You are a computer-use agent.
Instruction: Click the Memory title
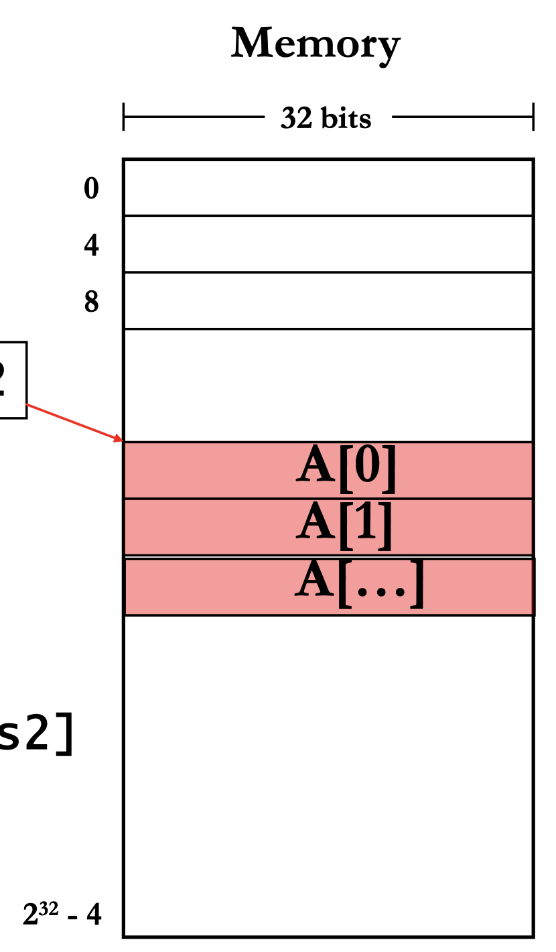point(316,44)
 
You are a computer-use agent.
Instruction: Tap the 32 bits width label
point(326,119)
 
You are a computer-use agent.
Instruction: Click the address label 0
point(91,188)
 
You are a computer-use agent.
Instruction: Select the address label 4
point(91,245)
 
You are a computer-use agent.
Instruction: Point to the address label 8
point(91,302)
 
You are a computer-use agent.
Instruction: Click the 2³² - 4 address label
point(62,914)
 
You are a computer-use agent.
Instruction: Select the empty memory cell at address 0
point(328,188)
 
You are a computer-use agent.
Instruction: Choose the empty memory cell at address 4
point(328,244)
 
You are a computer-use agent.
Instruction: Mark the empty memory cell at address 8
point(328,300)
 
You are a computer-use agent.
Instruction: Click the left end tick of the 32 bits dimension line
point(124,117)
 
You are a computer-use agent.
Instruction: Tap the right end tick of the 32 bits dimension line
point(533,117)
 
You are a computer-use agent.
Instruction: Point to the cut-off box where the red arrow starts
point(12,380)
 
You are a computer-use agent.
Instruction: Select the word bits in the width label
point(345,119)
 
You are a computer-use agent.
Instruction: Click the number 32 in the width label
point(294,119)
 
